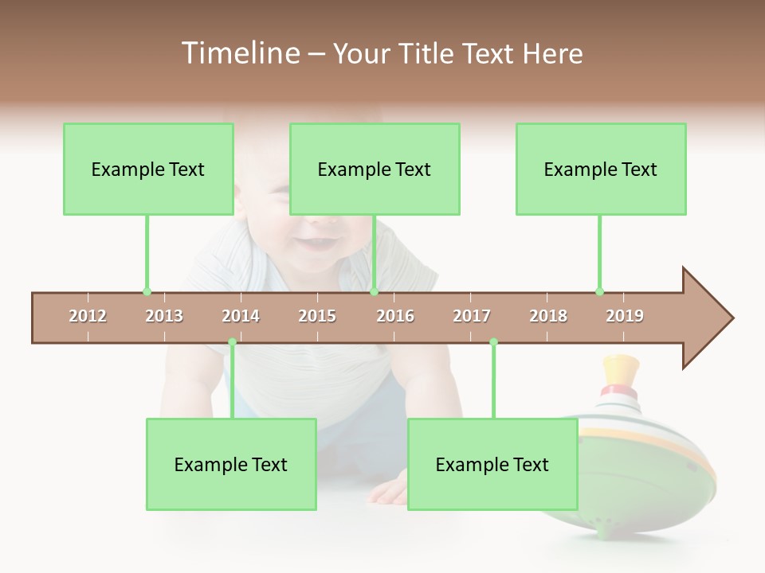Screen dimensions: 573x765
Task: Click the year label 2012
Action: click(x=88, y=316)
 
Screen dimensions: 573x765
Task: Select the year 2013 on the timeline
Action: click(x=164, y=316)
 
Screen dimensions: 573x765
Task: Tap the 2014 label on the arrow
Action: click(x=241, y=316)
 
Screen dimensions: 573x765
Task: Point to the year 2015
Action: click(x=317, y=316)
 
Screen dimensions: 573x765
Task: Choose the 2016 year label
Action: click(x=395, y=316)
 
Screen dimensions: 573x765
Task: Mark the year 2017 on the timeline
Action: click(x=472, y=316)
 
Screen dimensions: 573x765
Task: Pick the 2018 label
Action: click(x=548, y=316)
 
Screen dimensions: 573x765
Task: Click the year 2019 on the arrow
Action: click(x=625, y=316)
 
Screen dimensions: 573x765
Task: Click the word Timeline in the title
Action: click(x=239, y=53)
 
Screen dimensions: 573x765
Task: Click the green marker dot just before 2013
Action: click(x=147, y=291)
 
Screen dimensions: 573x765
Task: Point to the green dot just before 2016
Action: click(x=374, y=291)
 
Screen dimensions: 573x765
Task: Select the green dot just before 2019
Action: click(x=599, y=291)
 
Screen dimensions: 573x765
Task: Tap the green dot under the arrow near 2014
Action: click(x=232, y=342)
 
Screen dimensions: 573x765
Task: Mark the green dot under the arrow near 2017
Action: click(x=493, y=342)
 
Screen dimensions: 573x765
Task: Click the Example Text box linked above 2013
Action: click(x=148, y=170)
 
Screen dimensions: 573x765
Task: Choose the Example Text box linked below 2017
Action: click(x=492, y=465)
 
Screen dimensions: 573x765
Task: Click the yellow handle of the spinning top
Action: click(x=621, y=369)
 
